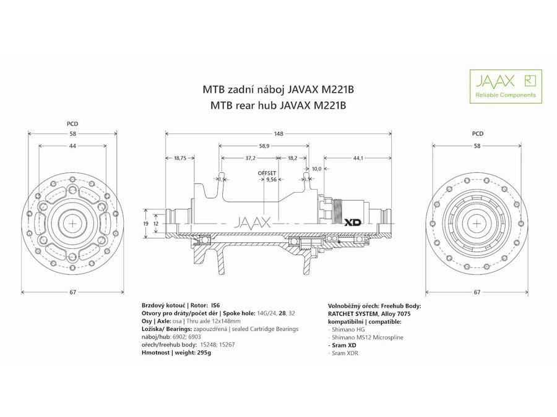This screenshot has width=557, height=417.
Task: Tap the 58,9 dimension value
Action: (264, 146)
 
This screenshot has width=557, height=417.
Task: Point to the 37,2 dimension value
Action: (251, 158)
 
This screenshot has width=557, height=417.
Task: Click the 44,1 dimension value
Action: (358, 158)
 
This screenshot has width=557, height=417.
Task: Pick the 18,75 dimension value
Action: (180, 158)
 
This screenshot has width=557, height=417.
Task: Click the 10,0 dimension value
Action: (316, 168)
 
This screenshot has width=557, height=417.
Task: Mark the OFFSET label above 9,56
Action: (267, 174)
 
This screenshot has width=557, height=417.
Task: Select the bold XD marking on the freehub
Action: (353, 221)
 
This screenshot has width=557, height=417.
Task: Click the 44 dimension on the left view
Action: (72, 146)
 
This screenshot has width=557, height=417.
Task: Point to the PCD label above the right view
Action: (478, 133)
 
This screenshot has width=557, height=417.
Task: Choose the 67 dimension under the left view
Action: (72, 292)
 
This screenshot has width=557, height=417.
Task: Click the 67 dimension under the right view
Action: (478, 292)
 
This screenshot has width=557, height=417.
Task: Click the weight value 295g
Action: (201, 353)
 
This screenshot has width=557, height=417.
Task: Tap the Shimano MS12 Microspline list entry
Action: (366, 337)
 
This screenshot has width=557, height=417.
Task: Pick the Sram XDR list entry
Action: (345, 353)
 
